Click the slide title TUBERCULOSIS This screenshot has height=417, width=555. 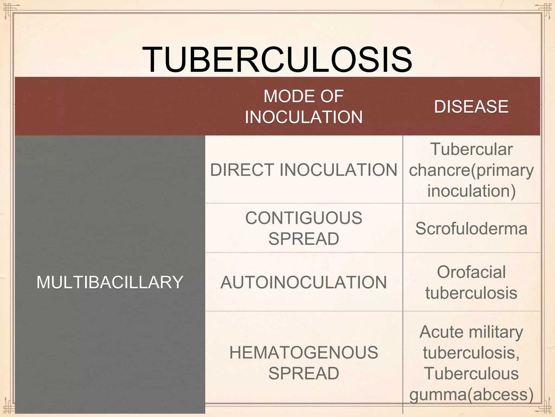pos(277,60)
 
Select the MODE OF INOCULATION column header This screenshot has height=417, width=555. pos(304,106)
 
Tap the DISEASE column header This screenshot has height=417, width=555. pos(471,106)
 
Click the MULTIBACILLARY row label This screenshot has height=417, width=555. pos(110,282)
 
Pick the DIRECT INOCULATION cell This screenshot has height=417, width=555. pos(304,170)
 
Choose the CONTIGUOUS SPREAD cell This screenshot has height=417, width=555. pos(304,228)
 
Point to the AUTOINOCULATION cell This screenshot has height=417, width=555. pos(304,282)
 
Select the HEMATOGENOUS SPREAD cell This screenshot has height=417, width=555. pos(304,363)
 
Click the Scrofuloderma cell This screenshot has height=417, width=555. pos(471,229)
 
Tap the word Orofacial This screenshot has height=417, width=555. pos(471,272)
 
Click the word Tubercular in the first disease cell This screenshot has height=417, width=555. pos(471,149)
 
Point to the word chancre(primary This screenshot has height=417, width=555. pos(471,170)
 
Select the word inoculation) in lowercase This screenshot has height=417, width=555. pos(471,191)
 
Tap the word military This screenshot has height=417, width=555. pos(496,332)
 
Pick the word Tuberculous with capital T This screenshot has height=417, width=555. pos(471,374)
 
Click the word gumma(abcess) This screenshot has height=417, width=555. pos(471,394)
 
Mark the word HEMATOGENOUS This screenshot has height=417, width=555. pos(304,352)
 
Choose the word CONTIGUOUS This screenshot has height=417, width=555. pos(304,218)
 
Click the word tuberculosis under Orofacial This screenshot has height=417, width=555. pos(471,293)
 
